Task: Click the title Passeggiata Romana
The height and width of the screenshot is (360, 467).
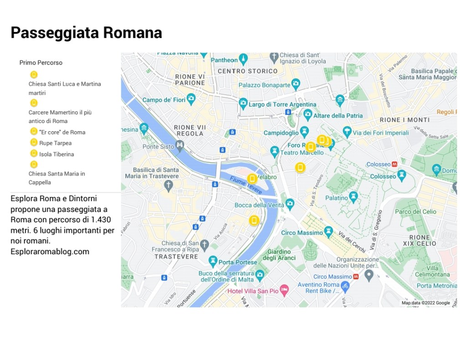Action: (86, 33)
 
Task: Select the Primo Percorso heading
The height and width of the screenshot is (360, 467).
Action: (41, 62)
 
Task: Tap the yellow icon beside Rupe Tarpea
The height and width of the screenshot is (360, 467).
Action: (33, 143)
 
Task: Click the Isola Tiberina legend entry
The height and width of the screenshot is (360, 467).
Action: (56, 154)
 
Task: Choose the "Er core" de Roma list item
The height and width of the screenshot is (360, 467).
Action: (62, 132)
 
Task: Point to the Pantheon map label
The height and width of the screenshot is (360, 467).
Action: (224, 60)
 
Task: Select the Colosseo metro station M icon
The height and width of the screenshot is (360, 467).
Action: (394, 164)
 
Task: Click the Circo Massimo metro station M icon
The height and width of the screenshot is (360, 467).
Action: (356, 277)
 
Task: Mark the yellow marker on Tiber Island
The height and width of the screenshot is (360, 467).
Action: (252, 179)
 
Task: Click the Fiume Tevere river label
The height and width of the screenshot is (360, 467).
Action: (246, 185)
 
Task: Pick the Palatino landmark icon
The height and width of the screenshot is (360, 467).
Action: (353, 196)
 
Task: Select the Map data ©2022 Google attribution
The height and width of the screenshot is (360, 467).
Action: (425, 303)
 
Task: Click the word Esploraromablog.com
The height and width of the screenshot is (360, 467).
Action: (50, 252)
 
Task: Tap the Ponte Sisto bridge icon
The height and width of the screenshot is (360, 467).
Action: (180, 145)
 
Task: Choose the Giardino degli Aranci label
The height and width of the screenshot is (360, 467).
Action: (279, 255)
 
